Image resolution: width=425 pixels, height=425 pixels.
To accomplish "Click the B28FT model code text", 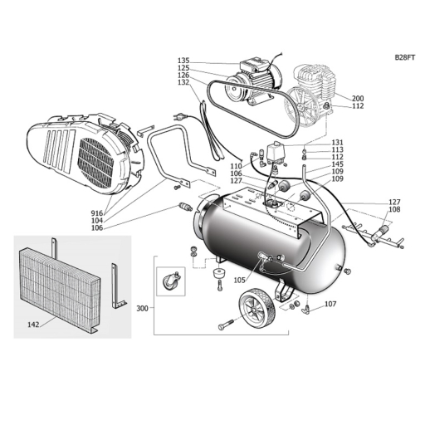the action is tap(405, 57).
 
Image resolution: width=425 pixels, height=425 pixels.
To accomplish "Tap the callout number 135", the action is tap(183, 61).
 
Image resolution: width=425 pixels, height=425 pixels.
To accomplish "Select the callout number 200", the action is tap(358, 99).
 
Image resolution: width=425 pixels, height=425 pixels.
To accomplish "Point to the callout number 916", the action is tap(97, 213).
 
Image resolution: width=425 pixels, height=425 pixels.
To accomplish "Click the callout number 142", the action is tap(33, 325).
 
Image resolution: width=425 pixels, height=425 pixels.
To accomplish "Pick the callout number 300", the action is tap(143, 308).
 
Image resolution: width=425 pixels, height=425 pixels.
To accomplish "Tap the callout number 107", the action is tap(330, 304).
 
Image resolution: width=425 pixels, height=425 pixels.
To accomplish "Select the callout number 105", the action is tap(240, 281).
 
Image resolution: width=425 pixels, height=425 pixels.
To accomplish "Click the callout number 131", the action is tap(337, 143).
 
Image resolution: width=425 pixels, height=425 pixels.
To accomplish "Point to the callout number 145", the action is tap(337, 164).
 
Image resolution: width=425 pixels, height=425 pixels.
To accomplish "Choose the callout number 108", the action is tap(394, 209).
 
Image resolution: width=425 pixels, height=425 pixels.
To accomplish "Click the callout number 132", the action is tap(183, 82).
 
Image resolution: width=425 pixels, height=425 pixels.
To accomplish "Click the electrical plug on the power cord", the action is tap(178, 117).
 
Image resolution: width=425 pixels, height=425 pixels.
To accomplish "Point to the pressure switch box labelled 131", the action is tap(275, 154).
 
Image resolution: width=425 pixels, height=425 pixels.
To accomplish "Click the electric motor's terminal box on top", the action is tap(254, 64).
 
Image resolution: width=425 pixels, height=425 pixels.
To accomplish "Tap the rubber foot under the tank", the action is tap(219, 274).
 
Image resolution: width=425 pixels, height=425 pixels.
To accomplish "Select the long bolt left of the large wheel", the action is tap(227, 325).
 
